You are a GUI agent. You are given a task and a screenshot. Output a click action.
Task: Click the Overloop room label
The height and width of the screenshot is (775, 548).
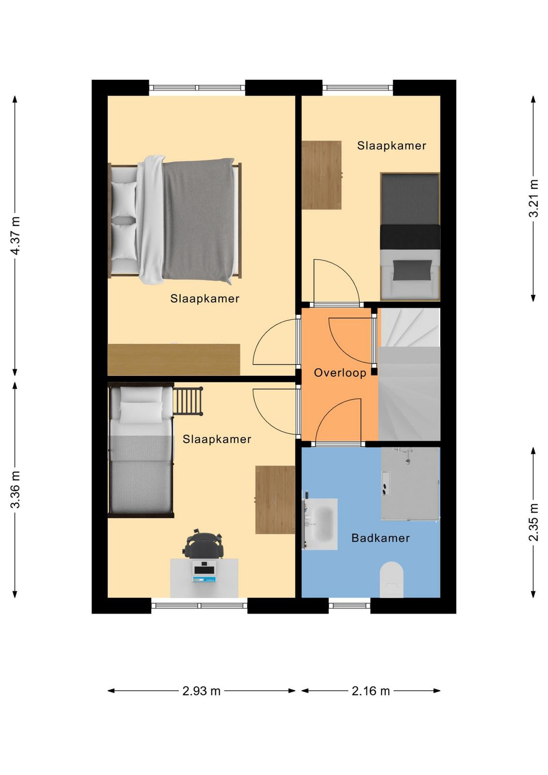coord(340,372)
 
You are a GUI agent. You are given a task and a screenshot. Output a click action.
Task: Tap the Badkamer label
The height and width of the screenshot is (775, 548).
coord(381,538)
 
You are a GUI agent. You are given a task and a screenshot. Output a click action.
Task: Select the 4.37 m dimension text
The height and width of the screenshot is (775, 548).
coord(15,235)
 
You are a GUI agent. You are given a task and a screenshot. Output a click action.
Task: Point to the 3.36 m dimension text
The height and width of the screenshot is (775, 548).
coord(15,489)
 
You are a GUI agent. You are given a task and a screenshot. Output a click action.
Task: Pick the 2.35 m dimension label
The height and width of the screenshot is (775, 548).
coord(533,522)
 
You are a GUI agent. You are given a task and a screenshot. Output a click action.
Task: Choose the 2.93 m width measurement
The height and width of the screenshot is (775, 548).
coord(201,691)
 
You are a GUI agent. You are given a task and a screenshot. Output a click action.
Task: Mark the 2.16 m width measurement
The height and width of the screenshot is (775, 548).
coord(371,691)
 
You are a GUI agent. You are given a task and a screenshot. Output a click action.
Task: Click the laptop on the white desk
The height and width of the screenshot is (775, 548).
coord(204,572)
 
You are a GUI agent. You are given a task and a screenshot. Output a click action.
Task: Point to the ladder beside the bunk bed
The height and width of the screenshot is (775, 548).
coord(187,401)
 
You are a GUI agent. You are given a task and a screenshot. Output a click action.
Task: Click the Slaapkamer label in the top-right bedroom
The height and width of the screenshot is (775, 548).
coord(391,146)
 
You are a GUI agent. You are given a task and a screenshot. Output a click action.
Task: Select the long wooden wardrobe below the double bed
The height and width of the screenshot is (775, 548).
coord(174,359)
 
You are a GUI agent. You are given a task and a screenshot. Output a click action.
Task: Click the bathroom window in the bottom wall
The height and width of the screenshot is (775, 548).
coord(349,605)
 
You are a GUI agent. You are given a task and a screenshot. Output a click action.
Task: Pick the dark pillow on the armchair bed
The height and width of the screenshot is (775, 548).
coord(412,269)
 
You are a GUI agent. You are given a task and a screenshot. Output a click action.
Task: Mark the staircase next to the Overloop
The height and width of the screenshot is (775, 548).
coord(410,374)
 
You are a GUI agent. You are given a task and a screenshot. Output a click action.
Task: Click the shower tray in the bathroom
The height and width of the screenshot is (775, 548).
coord(411,484)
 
